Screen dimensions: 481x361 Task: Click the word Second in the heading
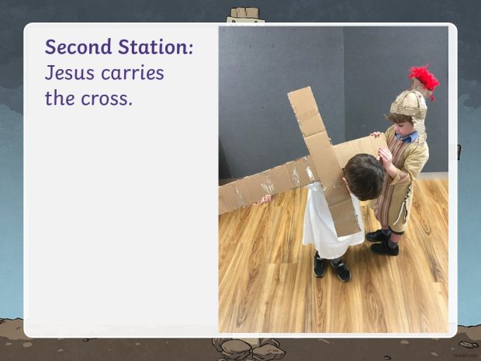pos(78,47)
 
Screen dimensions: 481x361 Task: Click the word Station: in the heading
pos(156,47)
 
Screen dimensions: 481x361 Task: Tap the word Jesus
pos(70,73)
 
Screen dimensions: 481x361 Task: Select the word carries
pos(133,73)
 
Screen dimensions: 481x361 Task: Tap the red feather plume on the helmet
pos(424,80)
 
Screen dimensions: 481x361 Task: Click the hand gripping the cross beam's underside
pos(265,200)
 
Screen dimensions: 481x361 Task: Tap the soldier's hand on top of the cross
pos(376,134)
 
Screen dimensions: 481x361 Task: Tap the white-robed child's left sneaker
pos(341,270)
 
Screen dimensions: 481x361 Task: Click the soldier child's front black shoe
pos(385,248)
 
